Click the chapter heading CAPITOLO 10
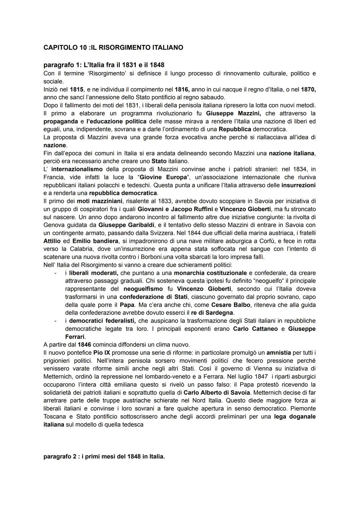click(113, 48)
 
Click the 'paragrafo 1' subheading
click(104, 65)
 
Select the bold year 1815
click(77, 89)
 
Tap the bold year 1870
click(308, 89)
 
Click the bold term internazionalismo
click(77, 169)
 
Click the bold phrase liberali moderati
click(94, 273)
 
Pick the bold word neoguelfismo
click(143, 289)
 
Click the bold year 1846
click(84, 345)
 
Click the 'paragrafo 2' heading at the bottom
click(104, 457)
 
